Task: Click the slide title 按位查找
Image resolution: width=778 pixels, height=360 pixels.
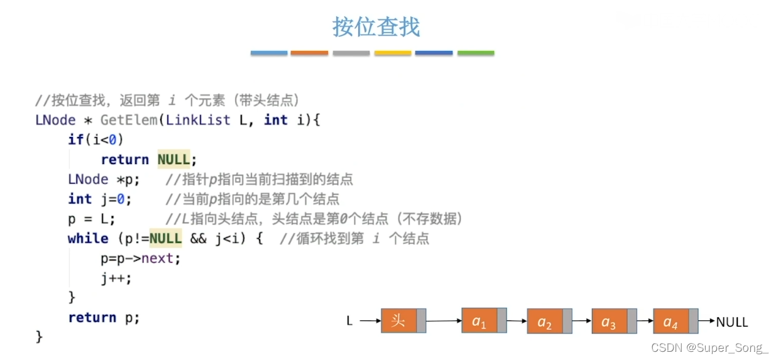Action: [376, 27]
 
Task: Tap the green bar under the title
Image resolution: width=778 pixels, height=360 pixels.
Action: [476, 53]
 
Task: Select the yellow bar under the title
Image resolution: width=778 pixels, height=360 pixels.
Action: [393, 53]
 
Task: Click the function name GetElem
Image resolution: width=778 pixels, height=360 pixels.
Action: [129, 120]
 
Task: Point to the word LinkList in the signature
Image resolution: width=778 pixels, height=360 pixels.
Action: [198, 120]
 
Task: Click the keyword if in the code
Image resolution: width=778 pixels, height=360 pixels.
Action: [75, 139]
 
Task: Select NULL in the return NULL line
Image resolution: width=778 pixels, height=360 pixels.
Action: [173, 160]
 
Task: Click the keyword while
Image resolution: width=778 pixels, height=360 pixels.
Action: [88, 239]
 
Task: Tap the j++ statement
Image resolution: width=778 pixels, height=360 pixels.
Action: [116, 278]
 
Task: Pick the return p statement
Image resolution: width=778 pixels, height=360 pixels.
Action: [104, 318]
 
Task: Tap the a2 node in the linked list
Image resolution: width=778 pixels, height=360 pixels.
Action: [545, 322]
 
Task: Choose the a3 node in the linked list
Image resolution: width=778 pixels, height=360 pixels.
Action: [609, 322]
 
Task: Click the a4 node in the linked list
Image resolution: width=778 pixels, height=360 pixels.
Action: [671, 322]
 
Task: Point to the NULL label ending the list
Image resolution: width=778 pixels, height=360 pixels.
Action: [732, 322]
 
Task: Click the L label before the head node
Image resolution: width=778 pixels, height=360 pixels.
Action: [349, 322]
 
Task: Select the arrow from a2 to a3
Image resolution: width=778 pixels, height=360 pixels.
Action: [582, 322]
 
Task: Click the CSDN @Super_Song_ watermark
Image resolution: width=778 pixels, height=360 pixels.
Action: [710, 347]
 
